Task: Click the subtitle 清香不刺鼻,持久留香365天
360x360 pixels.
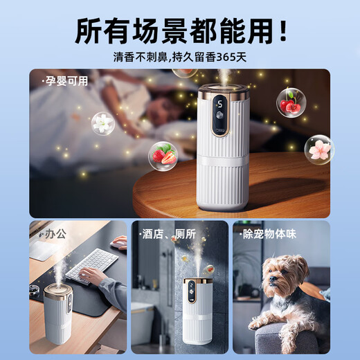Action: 180,58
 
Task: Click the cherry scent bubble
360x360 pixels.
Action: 291,102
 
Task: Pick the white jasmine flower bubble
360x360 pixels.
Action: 102,123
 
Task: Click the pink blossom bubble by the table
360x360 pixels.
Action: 319,150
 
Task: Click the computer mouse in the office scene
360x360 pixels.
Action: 118,242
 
